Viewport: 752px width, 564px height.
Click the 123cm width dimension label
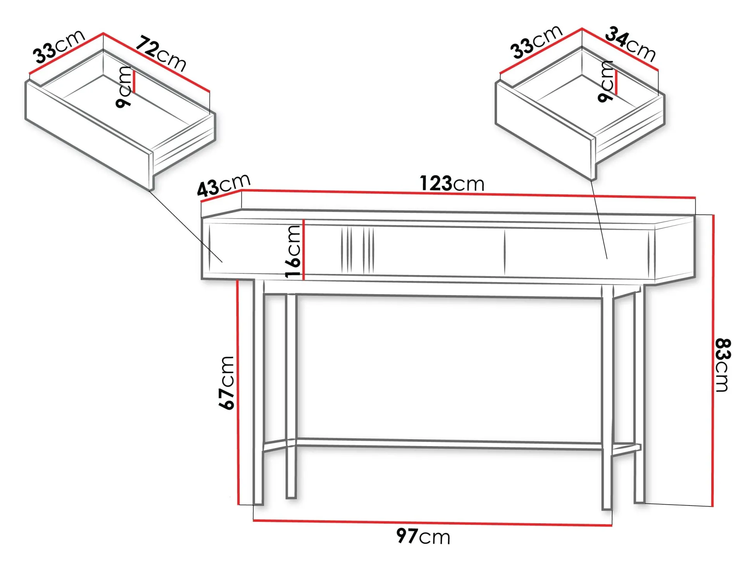(452, 183)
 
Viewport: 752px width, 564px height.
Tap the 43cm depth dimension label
(224, 185)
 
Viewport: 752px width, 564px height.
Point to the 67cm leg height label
(226, 383)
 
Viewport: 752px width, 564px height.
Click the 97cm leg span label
(423, 536)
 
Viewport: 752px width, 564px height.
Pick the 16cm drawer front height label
(293, 251)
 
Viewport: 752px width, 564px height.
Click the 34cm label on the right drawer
(630, 44)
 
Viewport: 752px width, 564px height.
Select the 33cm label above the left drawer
(59, 46)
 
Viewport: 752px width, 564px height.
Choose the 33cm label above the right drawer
(536, 42)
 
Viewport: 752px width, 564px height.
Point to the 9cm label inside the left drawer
(124, 87)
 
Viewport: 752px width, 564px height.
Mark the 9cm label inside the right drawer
(606, 81)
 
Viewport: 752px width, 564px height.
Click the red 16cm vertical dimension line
(304, 250)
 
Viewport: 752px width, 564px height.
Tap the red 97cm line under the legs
(433, 523)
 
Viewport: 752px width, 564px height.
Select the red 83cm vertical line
(713, 360)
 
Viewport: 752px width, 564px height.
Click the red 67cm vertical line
(238, 392)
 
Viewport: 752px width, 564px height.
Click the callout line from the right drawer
(599, 219)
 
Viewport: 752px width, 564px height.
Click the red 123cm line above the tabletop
(468, 194)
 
